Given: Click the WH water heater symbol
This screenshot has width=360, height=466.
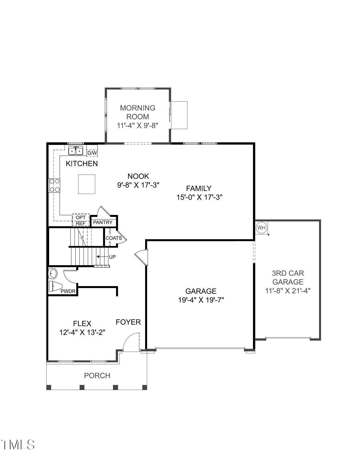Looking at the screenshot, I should (261, 228).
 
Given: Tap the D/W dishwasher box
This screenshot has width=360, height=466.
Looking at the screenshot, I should (92, 153).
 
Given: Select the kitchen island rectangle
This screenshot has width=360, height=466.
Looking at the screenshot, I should (86, 184).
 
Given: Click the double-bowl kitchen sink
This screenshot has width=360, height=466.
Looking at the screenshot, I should (76, 151).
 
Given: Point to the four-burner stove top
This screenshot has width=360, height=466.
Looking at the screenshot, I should (54, 185).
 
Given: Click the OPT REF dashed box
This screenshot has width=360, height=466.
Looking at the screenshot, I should (81, 220).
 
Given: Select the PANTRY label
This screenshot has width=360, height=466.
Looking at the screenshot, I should (103, 222).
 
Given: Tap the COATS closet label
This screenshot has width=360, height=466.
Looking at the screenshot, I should (114, 238).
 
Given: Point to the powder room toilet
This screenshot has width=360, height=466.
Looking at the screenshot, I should (55, 286).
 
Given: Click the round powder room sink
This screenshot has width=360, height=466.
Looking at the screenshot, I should (53, 273).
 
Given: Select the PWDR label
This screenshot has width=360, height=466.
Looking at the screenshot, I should (68, 291).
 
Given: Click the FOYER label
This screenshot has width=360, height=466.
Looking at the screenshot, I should (128, 322).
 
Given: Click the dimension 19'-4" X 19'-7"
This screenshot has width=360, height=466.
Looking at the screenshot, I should (201, 300).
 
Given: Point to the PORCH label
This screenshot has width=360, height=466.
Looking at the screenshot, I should (97, 376).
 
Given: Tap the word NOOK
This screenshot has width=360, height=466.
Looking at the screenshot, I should (138, 176).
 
